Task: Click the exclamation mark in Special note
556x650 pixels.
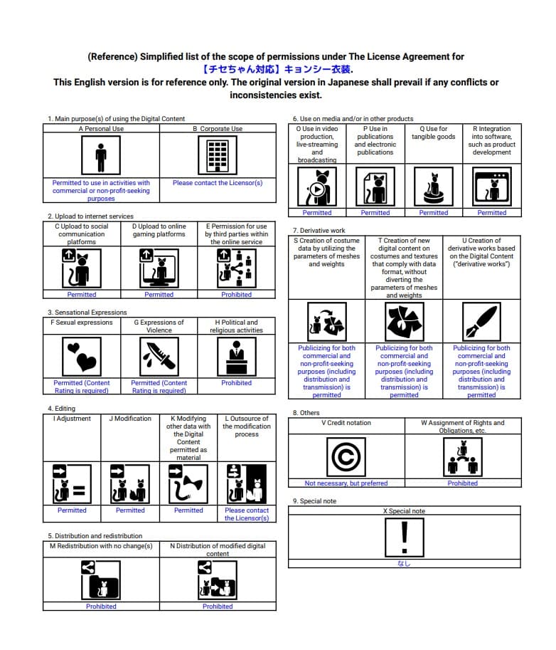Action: coord(404,536)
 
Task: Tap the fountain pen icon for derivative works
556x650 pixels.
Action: coord(481,322)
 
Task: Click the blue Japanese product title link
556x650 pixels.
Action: coord(277,70)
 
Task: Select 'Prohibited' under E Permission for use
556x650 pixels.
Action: coord(236,295)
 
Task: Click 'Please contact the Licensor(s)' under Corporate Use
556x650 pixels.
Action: coord(218,183)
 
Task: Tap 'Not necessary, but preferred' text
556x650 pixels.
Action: coord(346,483)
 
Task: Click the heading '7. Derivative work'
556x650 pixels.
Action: coord(319,231)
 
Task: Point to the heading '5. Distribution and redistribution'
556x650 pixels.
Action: coord(95,536)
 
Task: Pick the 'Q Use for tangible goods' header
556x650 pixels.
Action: coord(434,133)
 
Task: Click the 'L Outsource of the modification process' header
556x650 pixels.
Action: coord(247,426)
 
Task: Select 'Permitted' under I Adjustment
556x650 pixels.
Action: coord(72,510)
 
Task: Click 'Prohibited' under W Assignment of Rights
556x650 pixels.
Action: coord(463,483)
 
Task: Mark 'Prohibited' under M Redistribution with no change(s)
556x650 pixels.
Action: coord(101,607)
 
